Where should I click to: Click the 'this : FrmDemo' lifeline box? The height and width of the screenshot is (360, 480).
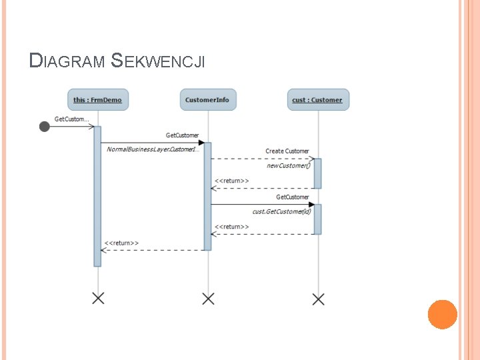(x=97, y=100)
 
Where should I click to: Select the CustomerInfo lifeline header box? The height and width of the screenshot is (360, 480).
(x=207, y=100)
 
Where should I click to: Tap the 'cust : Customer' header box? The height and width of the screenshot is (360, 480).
(x=317, y=100)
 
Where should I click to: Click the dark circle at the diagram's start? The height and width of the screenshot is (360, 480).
(x=44, y=126)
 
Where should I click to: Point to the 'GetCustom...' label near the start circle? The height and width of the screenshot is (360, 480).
(x=71, y=119)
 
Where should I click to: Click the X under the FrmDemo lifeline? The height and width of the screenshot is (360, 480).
(x=98, y=298)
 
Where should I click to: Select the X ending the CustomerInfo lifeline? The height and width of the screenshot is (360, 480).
(x=208, y=298)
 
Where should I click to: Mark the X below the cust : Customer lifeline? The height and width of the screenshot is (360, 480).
(x=318, y=298)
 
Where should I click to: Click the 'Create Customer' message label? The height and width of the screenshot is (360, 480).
(x=287, y=151)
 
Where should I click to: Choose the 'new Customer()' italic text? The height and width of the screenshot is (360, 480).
(x=289, y=165)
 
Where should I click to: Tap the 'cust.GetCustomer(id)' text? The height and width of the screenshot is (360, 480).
(x=281, y=211)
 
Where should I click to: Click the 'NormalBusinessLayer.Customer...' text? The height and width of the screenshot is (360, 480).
(x=150, y=149)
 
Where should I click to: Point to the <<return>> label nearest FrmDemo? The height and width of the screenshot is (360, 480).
(x=121, y=243)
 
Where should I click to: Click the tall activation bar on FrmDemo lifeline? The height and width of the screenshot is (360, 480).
(x=97, y=196)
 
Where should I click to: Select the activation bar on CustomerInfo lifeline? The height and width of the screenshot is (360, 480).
(x=207, y=196)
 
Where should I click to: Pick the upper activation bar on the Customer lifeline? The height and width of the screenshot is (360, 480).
(x=317, y=173)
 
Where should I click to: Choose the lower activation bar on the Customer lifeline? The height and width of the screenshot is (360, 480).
(x=317, y=219)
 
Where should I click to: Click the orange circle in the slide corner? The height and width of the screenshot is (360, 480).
(x=442, y=314)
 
